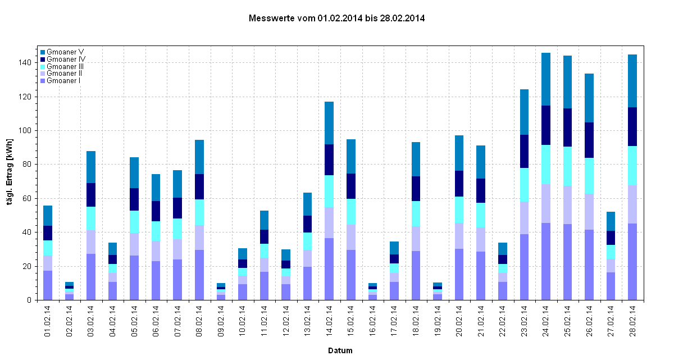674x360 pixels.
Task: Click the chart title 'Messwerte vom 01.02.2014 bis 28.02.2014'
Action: tap(336, 18)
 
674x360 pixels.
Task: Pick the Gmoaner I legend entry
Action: tap(63, 81)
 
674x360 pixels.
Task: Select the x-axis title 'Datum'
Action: tap(340, 350)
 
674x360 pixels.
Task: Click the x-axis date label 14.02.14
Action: tap(329, 321)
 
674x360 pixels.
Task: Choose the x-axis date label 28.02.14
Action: tap(632, 321)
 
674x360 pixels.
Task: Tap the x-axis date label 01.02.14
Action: tap(48, 321)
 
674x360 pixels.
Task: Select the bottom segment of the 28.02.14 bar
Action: tap(632, 262)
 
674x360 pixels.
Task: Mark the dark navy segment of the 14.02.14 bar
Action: tap(329, 160)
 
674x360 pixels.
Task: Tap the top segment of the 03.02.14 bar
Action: tap(91, 167)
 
